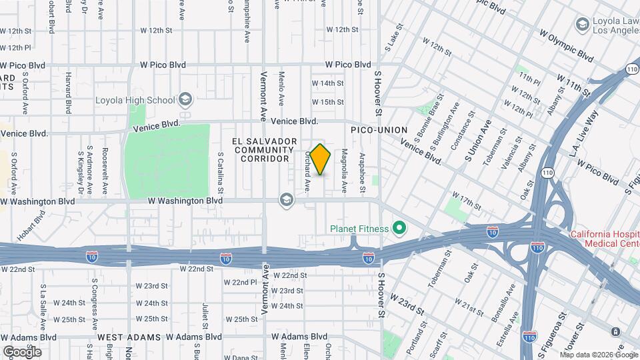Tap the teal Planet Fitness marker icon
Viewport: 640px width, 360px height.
click(399, 229)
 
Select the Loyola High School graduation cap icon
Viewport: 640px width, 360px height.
click(185, 100)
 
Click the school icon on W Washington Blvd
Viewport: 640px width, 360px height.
click(287, 200)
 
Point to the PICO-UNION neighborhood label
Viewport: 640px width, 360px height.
click(375, 129)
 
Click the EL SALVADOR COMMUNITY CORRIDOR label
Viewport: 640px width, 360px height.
click(265, 150)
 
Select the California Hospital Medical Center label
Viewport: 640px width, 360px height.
click(603, 239)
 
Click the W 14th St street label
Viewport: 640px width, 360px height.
click(327, 83)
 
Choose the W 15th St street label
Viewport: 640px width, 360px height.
click(327, 102)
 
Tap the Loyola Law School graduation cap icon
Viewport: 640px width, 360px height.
click(581, 24)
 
